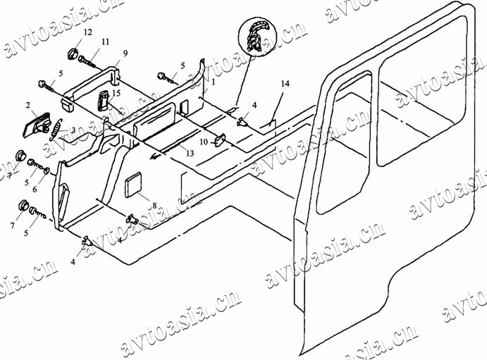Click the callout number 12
(x=87, y=33)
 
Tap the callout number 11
(x=104, y=42)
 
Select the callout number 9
(x=125, y=54)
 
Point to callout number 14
(x=285, y=84)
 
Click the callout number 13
(x=190, y=152)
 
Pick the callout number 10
(x=204, y=142)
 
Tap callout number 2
(x=28, y=106)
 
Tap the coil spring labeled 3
(x=54, y=132)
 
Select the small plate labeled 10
(x=219, y=139)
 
